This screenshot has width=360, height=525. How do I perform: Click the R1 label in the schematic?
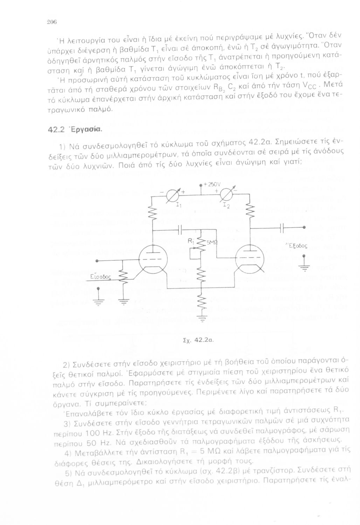point(191,241)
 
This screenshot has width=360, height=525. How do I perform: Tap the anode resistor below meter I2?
point(250,211)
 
